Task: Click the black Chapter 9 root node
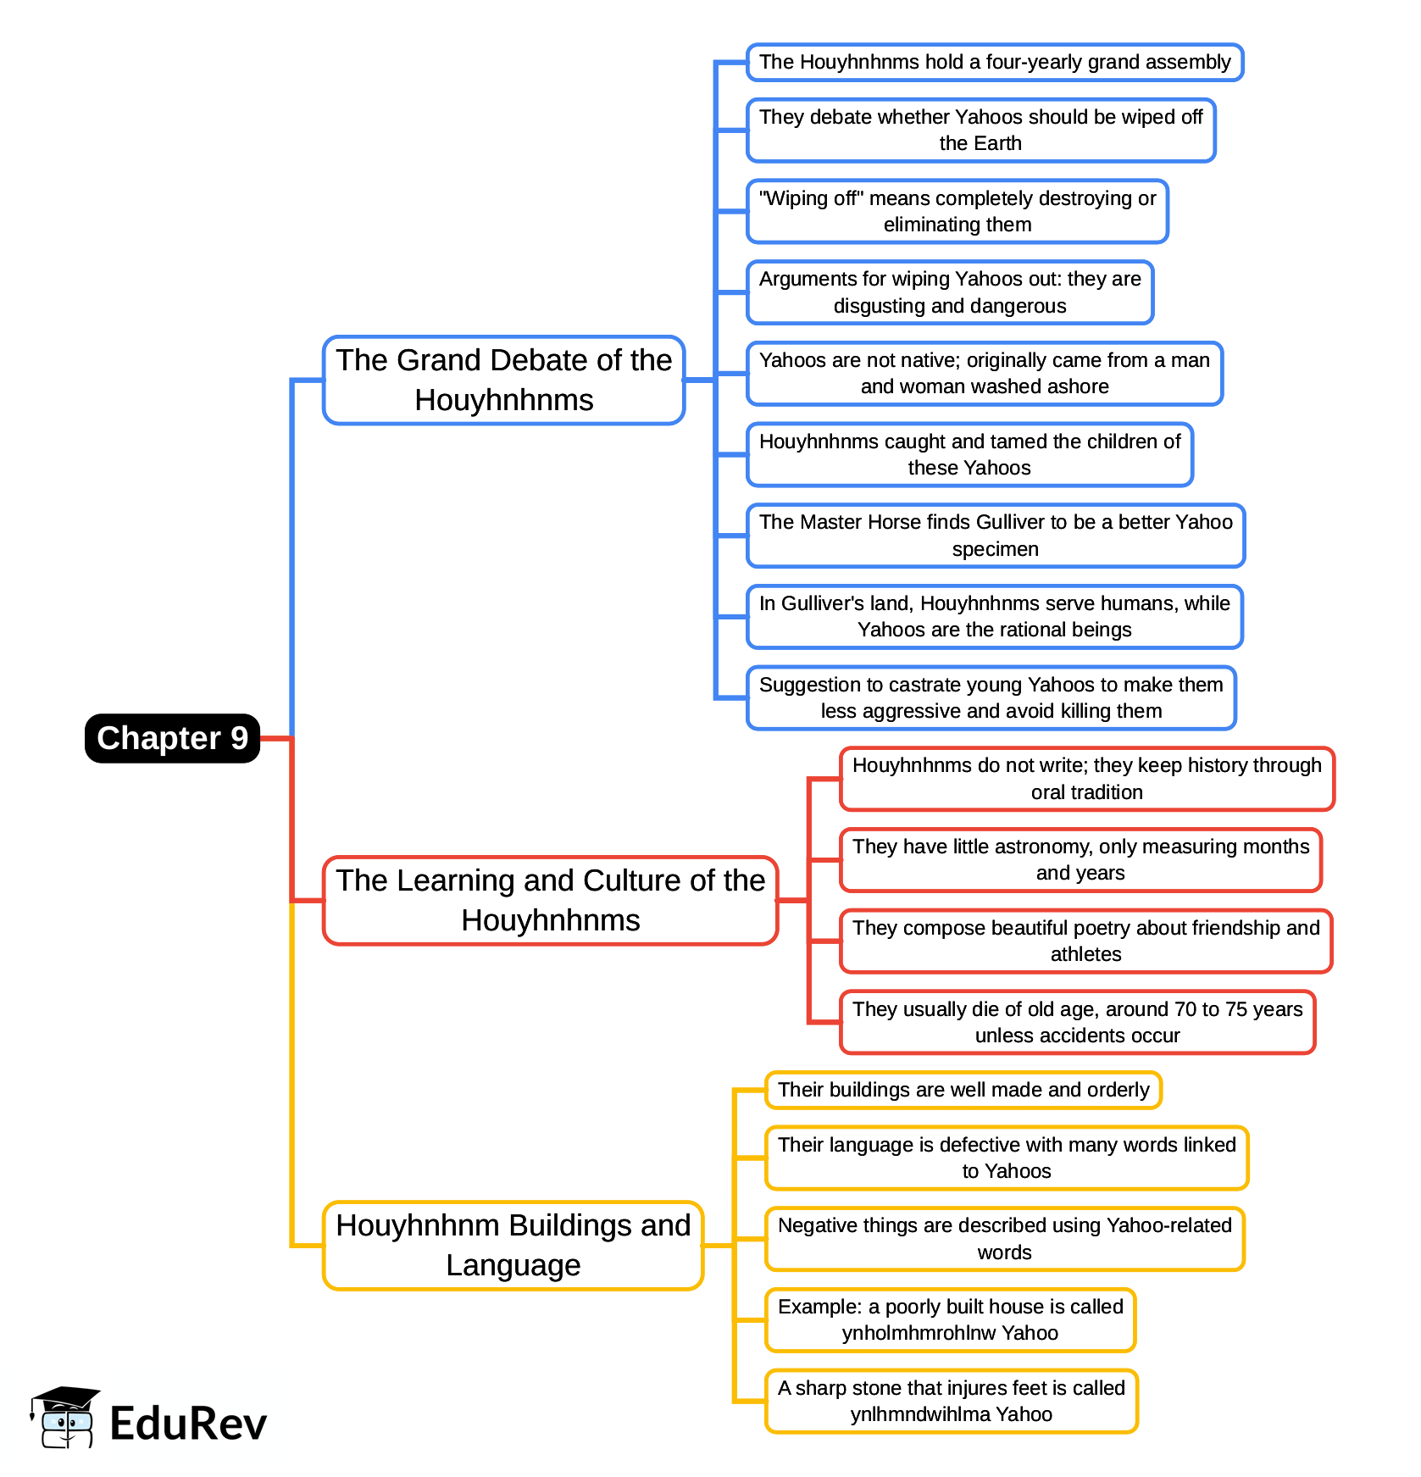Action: pyautogui.click(x=172, y=738)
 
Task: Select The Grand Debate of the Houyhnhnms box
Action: pyautogui.click(x=503, y=380)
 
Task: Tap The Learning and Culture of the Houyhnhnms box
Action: pyautogui.click(x=550, y=900)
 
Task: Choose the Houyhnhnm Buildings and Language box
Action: pyautogui.click(x=513, y=1245)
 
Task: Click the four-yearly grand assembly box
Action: pyautogui.click(x=994, y=62)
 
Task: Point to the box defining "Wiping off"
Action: pyautogui.click(x=957, y=211)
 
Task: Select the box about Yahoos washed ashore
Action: pyautogui.click(x=984, y=373)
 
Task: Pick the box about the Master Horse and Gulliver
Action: pyautogui.click(x=995, y=536)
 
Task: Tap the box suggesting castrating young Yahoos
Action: pyautogui.click(x=991, y=697)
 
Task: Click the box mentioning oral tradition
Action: pyautogui.click(x=1086, y=779)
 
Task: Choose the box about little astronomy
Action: pyautogui.click(x=1080, y=859)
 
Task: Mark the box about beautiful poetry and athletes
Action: pyautogui.click(x=1085, y=941)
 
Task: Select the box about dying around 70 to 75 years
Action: pyautogui.click(x=1077, y=1022)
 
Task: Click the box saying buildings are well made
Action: pyautogui.click(x=963, y=1090)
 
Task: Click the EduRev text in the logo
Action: pyautogui.click(x=188, y=1424)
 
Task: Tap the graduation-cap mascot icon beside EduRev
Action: pyautogui.click(x=64, y=1417)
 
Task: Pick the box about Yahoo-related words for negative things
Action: pyautogui.click(x=1004, y=1239)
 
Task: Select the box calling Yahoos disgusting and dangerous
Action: pyautogui.click(x=949, y=292)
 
